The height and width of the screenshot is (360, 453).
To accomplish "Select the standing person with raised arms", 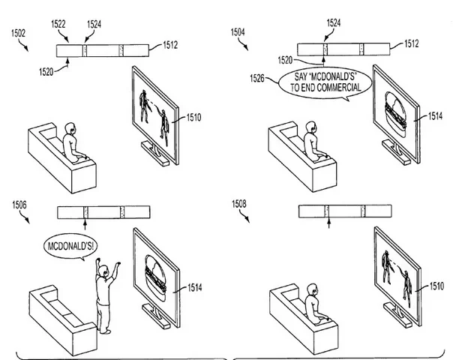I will click(x=105, y=292).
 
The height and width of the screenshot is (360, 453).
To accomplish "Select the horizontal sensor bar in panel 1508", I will click(x=341, y=212).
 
